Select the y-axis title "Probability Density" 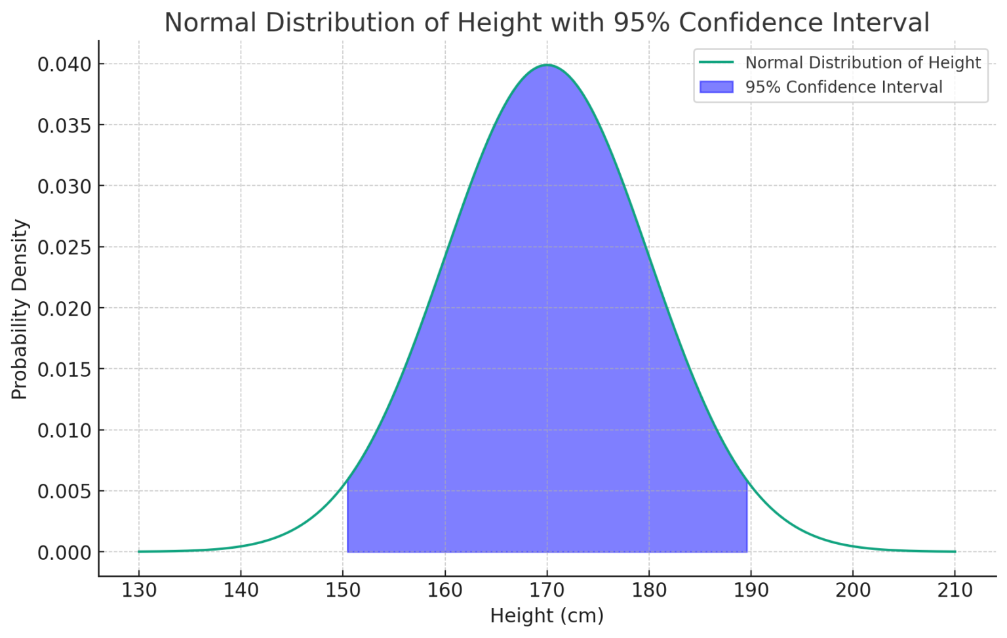point(20,309)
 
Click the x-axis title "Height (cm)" point(547,616)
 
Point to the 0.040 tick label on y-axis point(64,64)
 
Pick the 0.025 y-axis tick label point(64,247)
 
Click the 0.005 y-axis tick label point(64,492)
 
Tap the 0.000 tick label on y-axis point(64,553)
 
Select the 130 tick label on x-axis point(139,591)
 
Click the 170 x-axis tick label point(547,591)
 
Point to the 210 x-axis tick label point(955,591)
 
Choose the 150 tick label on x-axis point(343,591)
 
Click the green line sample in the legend point(716,63)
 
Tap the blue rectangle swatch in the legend point(716,87)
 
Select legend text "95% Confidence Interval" point(844,87)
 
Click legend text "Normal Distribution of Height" point(863,63)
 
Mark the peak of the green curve point(547,65)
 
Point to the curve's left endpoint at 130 point(139,551)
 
